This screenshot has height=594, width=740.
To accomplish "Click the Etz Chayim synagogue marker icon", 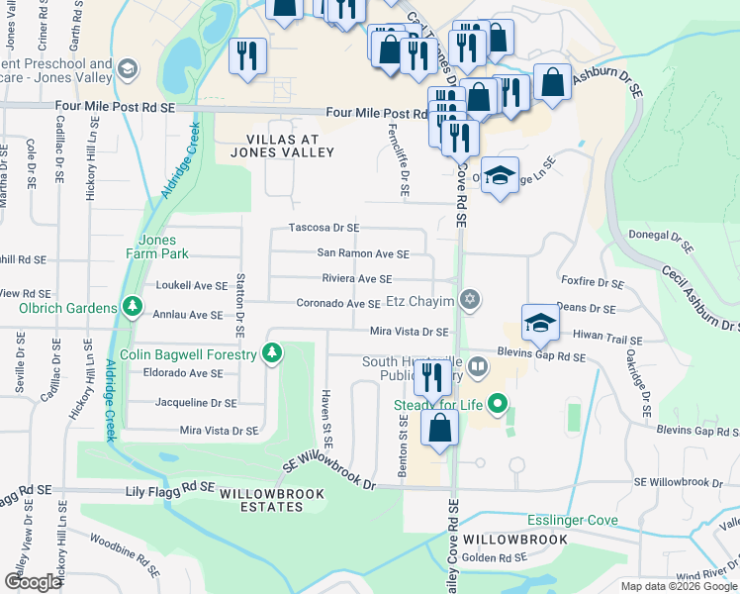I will coord(470,300).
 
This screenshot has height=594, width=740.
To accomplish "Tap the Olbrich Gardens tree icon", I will coord(131,307).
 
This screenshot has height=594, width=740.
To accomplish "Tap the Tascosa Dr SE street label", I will coord(323,228).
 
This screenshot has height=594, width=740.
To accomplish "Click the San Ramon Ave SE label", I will coord(362,253).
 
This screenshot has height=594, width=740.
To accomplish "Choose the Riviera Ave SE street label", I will coord(358,279).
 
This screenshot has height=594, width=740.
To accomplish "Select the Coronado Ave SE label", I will coord(339,304).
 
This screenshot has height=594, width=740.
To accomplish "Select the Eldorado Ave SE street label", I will coord(182,373).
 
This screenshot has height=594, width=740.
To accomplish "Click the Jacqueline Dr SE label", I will coord(196,403).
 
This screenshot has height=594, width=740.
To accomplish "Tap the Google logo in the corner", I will coord(33,582).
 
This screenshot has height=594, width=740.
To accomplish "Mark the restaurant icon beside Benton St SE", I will coord(431,379).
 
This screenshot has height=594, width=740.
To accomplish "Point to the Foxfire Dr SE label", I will coord(592,283).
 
